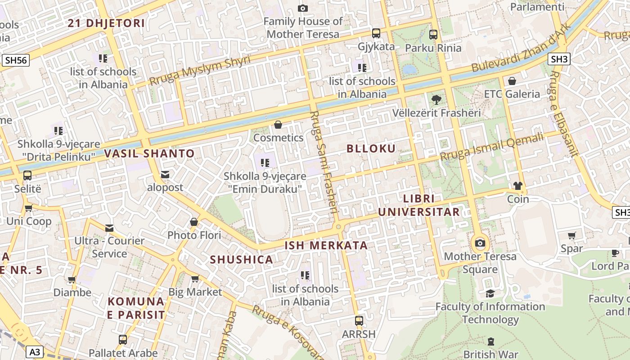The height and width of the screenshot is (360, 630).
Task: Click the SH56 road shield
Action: point(16,60)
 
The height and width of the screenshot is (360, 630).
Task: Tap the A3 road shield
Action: point(35,351)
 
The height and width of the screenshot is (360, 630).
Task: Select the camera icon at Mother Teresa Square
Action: point(480,243)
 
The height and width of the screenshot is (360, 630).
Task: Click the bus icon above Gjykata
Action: point(376,33)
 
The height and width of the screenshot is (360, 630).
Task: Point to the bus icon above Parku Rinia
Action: point(433,35)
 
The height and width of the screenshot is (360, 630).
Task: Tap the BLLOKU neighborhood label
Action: point(371,148)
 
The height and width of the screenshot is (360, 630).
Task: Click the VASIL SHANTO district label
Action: point(149,153)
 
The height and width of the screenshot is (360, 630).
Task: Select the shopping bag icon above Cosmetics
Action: point(278,125)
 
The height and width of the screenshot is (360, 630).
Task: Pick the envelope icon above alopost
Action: point(165,175)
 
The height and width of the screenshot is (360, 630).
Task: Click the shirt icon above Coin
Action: point(518,186)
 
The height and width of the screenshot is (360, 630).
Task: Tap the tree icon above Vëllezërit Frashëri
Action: point(436,100)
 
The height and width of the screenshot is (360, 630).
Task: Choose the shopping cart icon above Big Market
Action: point(195,279)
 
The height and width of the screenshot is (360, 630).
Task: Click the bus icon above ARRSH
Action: point(359,321)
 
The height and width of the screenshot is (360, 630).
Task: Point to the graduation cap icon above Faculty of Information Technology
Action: point(490,293)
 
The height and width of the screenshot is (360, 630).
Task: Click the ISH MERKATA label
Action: point(326,245)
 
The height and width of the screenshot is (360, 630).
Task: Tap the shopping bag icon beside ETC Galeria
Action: point(512,81)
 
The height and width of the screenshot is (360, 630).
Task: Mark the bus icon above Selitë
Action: point(27,175)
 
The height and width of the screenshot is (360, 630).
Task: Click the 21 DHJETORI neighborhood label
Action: point(106,23)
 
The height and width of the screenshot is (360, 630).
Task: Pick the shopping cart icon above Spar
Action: point(572,235)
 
